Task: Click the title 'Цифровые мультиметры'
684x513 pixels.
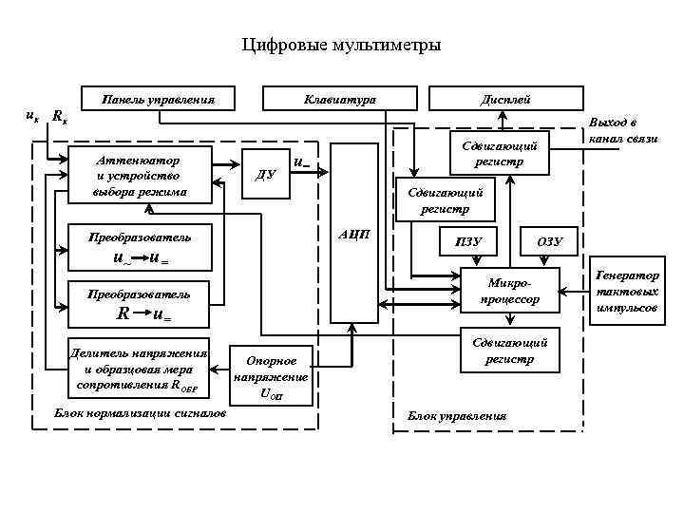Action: [x=342, y=45]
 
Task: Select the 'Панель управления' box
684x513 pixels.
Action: [x=158, y=99]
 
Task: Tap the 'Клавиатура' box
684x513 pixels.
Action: [x=339, y=99]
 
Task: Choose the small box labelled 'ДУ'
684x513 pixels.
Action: [x=267, y=174]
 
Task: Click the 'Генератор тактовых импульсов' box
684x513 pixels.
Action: [x=627, y=291]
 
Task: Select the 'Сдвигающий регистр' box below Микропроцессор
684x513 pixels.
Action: [x=509, y=351]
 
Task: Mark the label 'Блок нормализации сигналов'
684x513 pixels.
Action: [x=141, y=414]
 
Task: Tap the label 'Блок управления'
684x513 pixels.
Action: [x=457, y=416]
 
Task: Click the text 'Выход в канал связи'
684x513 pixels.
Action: [x=623, y=131]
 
